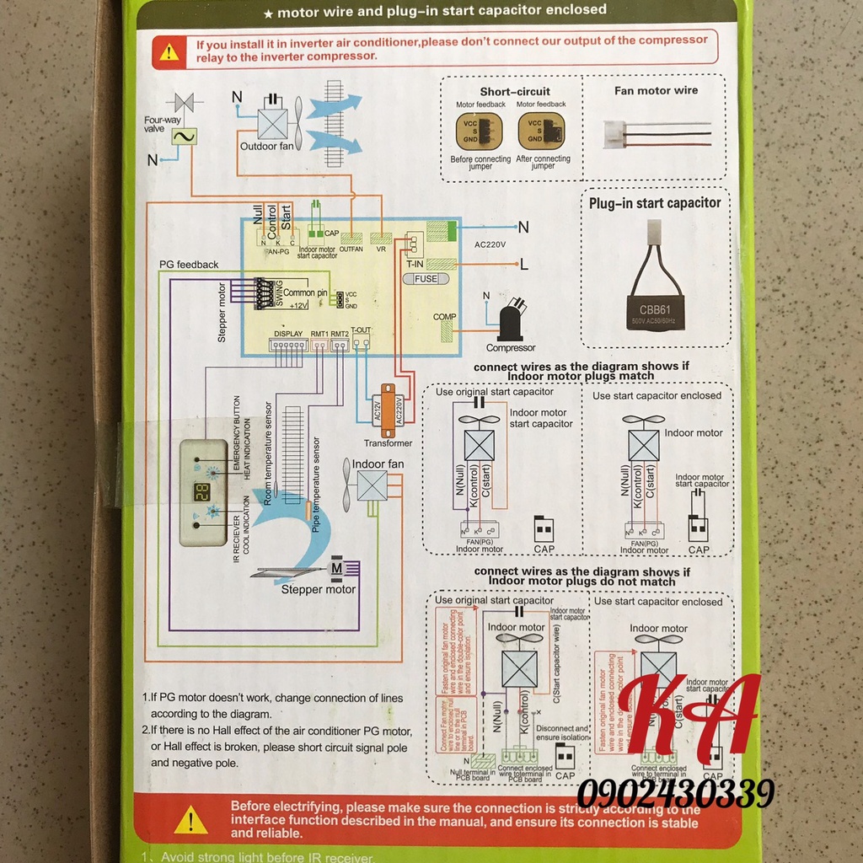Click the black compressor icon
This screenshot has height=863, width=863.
[x=511, y=321]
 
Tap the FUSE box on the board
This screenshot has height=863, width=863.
[x=426, y=278]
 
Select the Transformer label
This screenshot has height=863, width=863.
[x=388, y=443]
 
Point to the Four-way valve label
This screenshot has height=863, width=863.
[x=163, y=125]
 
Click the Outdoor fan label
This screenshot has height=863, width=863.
[x=265, y=144]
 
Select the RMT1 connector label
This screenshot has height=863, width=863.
[x=319, y=335]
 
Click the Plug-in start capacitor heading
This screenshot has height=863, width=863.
[x=655, y=203]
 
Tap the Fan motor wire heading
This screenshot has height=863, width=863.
[x=656, y=90]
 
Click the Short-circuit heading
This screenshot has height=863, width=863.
[x=515, y=91]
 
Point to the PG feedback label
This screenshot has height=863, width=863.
[x=189, y=265]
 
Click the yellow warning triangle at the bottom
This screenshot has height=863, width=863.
[x=191, y=819]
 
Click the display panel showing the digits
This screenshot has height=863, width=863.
[x=202, y=492]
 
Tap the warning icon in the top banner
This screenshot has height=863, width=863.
[x=169, y=51]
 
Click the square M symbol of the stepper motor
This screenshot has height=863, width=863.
[x=336, y=568]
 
